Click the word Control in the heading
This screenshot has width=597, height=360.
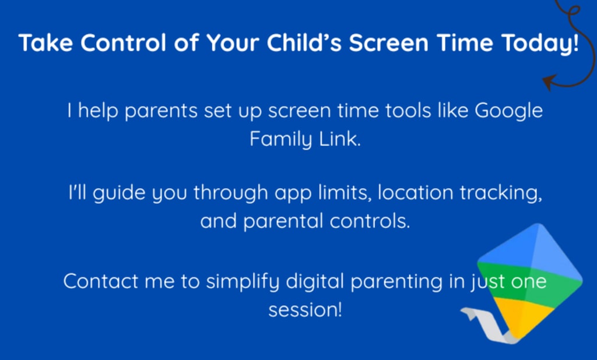pos(123,43)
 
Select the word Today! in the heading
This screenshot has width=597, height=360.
pos(540,43)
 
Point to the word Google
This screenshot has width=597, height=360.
pos(508,111)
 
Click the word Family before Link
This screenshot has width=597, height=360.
pos(281,139)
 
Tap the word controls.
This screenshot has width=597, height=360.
pos(370,221)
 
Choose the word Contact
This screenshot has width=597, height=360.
pos(100,281)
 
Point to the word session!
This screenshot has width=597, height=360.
pos(305,310)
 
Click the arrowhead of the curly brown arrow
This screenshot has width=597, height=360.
pos(549,82)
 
